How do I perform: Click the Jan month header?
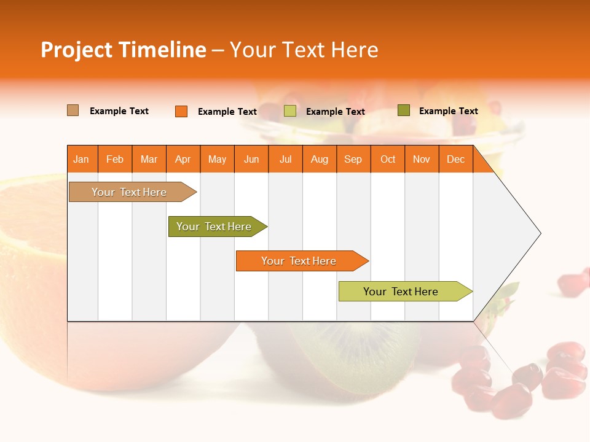pyautogui.click(x=81, y=159)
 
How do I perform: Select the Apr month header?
pyautogui.click(x=183, y=159)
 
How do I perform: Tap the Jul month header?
pyautogui.click(x=285, y=159)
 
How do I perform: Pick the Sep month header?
pyautogui.click(x=353, y=159)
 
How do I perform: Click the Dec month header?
pyautogui.click(x=455, y=159)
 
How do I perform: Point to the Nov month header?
pyautogui.click(x=422, y=159)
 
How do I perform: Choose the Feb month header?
pyautogui.click(x=115, y=159)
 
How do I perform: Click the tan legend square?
pyautogui.click(x=73, y=110)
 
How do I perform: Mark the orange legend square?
pyautogui.click(x=181, y=111)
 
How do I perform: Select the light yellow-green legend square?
pyautogui.click(x=290, y=111)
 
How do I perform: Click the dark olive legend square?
pyautogui.click(x=403, y=110)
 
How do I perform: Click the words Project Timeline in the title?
pyautogui.click(x=123, y=50)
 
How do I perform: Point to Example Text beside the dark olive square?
pyautogui.click(x=448, y=111)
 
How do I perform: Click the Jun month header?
pyautogui.click(x=251, y=159)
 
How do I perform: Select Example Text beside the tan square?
pyautogui.click(x=119, y=111)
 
